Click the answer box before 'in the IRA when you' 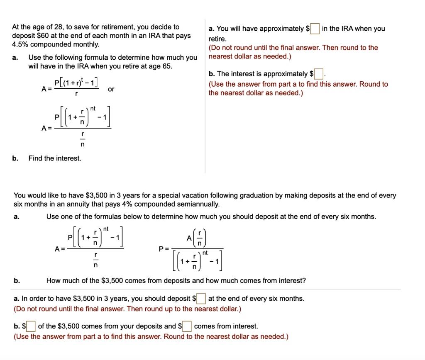(x=315, y=29)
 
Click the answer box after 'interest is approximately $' (x=318, y=75)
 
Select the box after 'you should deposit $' (x=201, y=299)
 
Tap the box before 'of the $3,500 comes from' (x=32, y=326)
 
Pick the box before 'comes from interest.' (x=187, y=326)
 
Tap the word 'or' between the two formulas (x=111, y=89)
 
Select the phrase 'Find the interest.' (x=55, y=158)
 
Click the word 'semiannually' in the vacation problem (x=200, y=204)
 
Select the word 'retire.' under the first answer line (x=217, y=39)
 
